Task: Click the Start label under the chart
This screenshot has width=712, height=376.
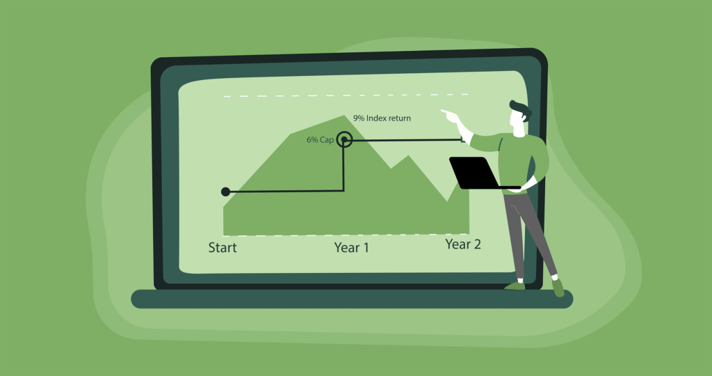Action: pos(222,247)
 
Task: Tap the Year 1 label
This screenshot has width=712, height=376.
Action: pos(351,247)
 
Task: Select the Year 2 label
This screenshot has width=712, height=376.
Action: pos(463,244)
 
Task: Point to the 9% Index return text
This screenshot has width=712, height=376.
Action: pos(382,118)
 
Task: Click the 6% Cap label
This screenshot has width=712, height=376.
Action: pos(320,139)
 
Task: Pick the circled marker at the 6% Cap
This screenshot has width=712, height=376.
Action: pos(345,139)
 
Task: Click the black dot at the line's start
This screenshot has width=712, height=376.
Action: pos(225,192)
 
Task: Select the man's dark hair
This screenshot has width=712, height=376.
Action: pos(521,110)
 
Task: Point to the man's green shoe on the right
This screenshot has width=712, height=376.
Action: pos(558,288)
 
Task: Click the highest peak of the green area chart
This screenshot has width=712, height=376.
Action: pos(343,116)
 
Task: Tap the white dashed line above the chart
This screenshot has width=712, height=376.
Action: pos(346,95)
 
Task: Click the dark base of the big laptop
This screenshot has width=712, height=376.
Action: pos(352,299)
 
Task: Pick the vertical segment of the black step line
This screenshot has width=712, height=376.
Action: pos(343,166)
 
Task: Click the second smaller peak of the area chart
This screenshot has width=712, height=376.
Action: pos(409,156)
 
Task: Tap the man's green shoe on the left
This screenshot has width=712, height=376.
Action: pos(515,285)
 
